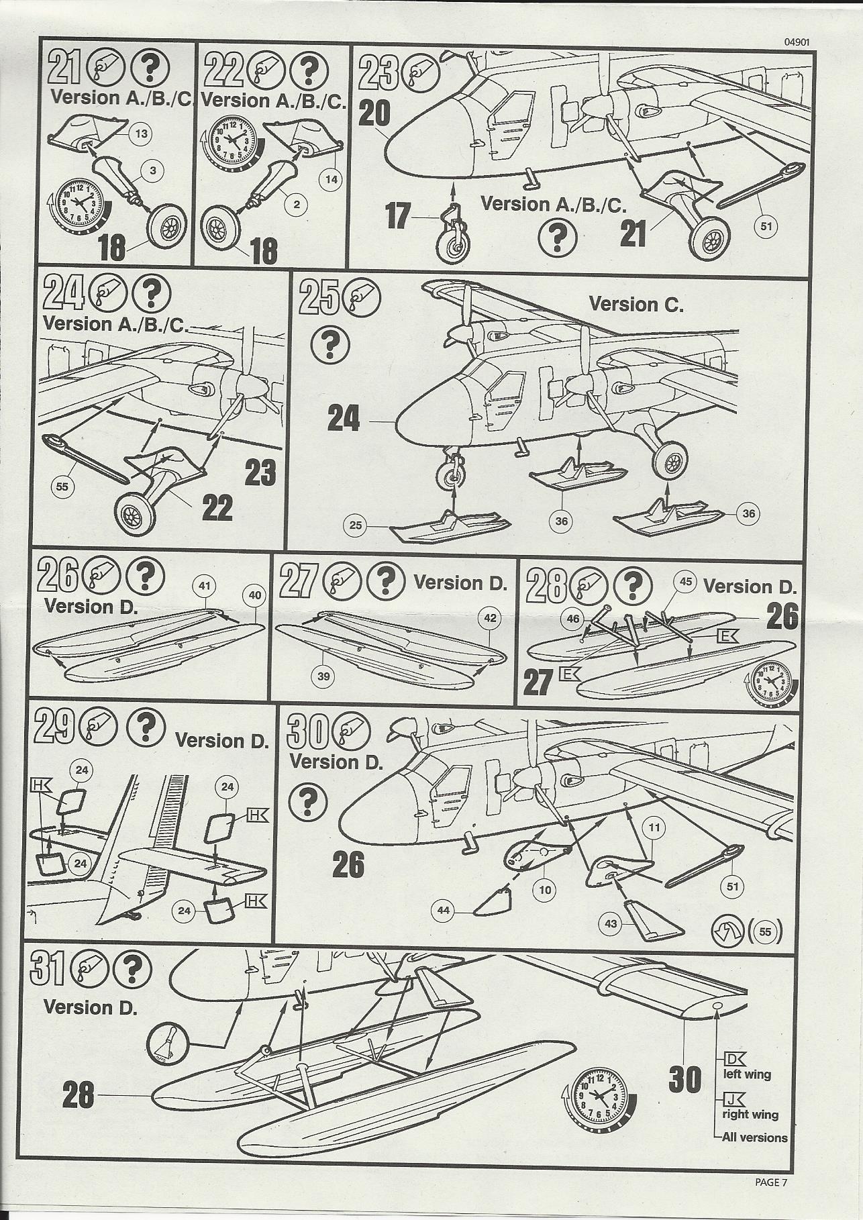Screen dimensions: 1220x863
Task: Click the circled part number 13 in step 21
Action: [x=142, y=134]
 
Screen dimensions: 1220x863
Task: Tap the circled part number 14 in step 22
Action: [x=332, y=179]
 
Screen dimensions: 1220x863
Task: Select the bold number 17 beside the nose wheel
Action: [x=399, y=216]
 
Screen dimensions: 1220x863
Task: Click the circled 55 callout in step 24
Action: [x=62, y=487]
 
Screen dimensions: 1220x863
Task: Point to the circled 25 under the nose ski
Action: [x=356, y=525]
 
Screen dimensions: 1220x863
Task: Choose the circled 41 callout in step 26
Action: [x=205, y=586]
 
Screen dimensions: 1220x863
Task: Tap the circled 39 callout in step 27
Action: [x=324, y=676]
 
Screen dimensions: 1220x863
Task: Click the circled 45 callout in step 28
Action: [x=685, y=581]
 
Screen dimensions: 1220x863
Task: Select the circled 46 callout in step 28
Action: [x=572, y=620]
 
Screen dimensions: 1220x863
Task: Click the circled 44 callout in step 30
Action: [x=443, y=911]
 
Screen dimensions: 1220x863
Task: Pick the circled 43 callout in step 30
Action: [x=610, y=924]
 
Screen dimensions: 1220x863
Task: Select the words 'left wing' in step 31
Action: [x=746, y=1074]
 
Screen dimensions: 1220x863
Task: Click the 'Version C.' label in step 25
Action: [x=636, y=305]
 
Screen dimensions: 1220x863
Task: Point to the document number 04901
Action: [x=797, y=41]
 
